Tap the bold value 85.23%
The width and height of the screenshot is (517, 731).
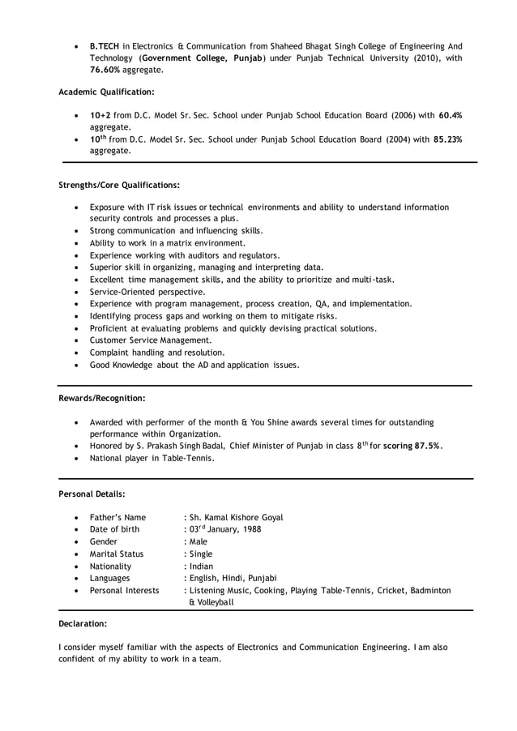(x=447, y=139)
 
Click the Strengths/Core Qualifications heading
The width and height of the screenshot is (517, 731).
(x=119, y=185)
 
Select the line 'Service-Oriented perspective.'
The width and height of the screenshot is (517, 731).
(x=147, y=292)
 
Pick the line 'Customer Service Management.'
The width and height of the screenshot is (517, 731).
(x=150, y=340)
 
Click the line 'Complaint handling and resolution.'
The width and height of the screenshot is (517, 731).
(x=157, y=353)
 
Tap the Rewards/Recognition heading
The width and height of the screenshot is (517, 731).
(x=102, y=398)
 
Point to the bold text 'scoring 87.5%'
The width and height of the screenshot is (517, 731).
(x=412, y=446)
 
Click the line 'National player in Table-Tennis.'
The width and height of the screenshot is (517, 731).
(x=152, y=458)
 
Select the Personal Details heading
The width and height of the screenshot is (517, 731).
(x=92, y=494)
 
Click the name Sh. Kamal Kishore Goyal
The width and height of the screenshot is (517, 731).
(x=236, y=517)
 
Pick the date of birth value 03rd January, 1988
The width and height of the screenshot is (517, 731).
(x=224, y=529)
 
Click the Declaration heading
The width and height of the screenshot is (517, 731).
(x=83, y=624)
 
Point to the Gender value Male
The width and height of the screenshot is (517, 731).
(x=198, y=541)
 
